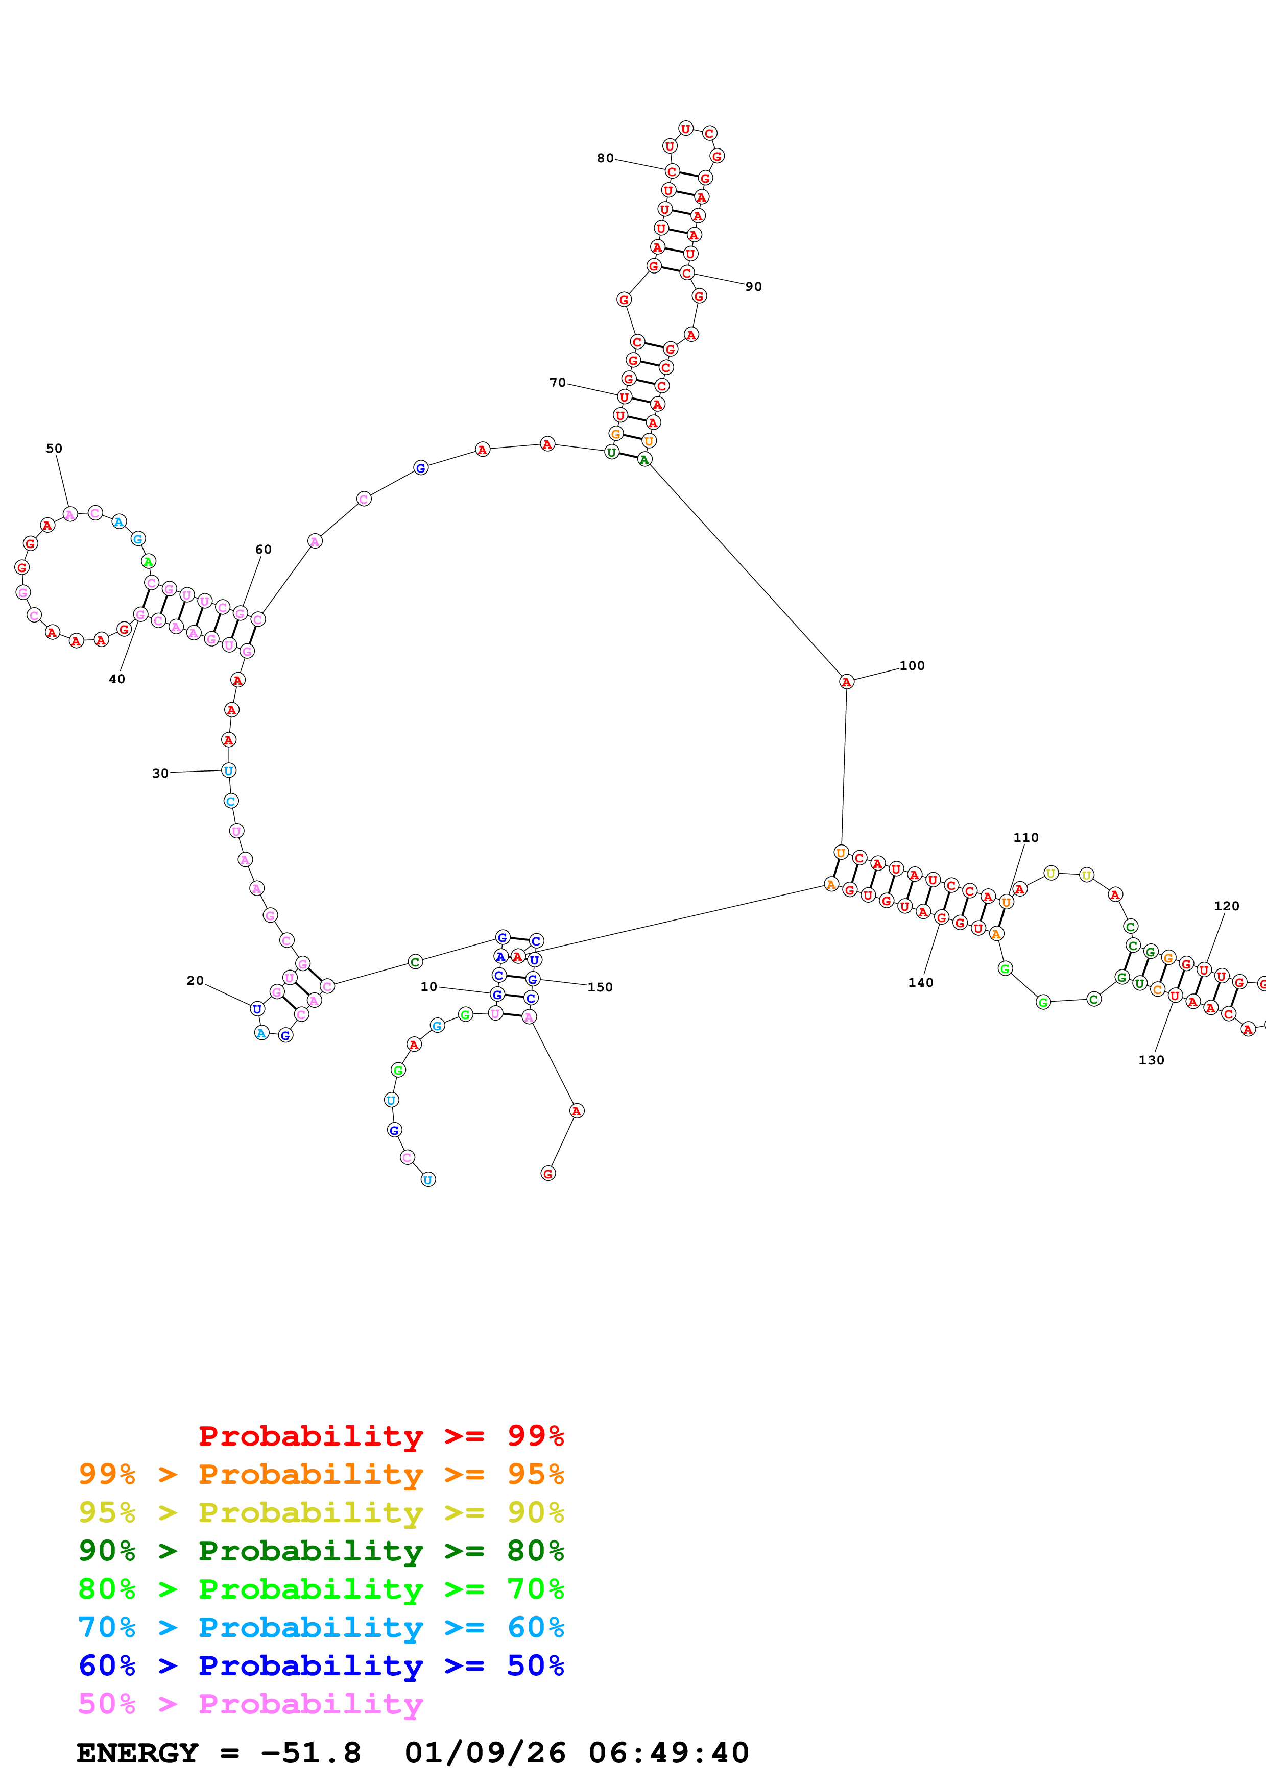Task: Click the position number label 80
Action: pyautogui.click(x=605, y=158)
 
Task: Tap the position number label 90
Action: pyautogui.click(x=753, y=287)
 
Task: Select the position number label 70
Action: pyautogui.click(x=558, y=383)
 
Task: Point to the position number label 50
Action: pyautogui.click(x=54, y=449)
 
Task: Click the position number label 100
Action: pyautogui.click(x=912, y=666)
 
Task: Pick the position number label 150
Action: pyautogui.click(x=600, y=987)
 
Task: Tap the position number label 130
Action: pyautogui.click(x=1151, y=1060)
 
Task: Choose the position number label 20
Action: pyautogui.click(x=195, y=981)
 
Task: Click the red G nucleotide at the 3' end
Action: pyautogui.click(x=548, y=1173)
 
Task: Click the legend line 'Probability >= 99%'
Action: pyautogui.click(x=380, y=1435)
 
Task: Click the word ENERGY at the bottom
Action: pyautogui.click(x=137, y=1753)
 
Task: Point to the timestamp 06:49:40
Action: pyautogui.click(x=668, y=1753)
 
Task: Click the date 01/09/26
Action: pyautogui.click(x=485, y=1753)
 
